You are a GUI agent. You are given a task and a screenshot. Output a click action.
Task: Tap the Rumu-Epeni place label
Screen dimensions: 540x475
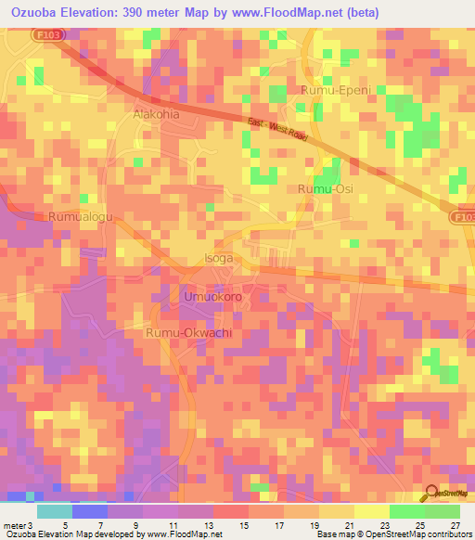coord(335,90)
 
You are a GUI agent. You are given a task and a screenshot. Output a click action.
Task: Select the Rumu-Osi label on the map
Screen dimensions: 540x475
coord(325,189)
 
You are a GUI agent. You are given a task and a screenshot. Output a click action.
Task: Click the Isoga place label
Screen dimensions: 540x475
coord(218,259)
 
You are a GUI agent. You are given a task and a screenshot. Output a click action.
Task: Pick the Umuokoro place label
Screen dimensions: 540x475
coord(212,297)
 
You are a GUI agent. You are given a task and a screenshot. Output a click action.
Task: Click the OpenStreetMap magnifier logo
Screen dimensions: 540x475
coord(431,494)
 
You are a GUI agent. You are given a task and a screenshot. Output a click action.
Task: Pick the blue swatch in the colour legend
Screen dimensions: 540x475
coord(89,510)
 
